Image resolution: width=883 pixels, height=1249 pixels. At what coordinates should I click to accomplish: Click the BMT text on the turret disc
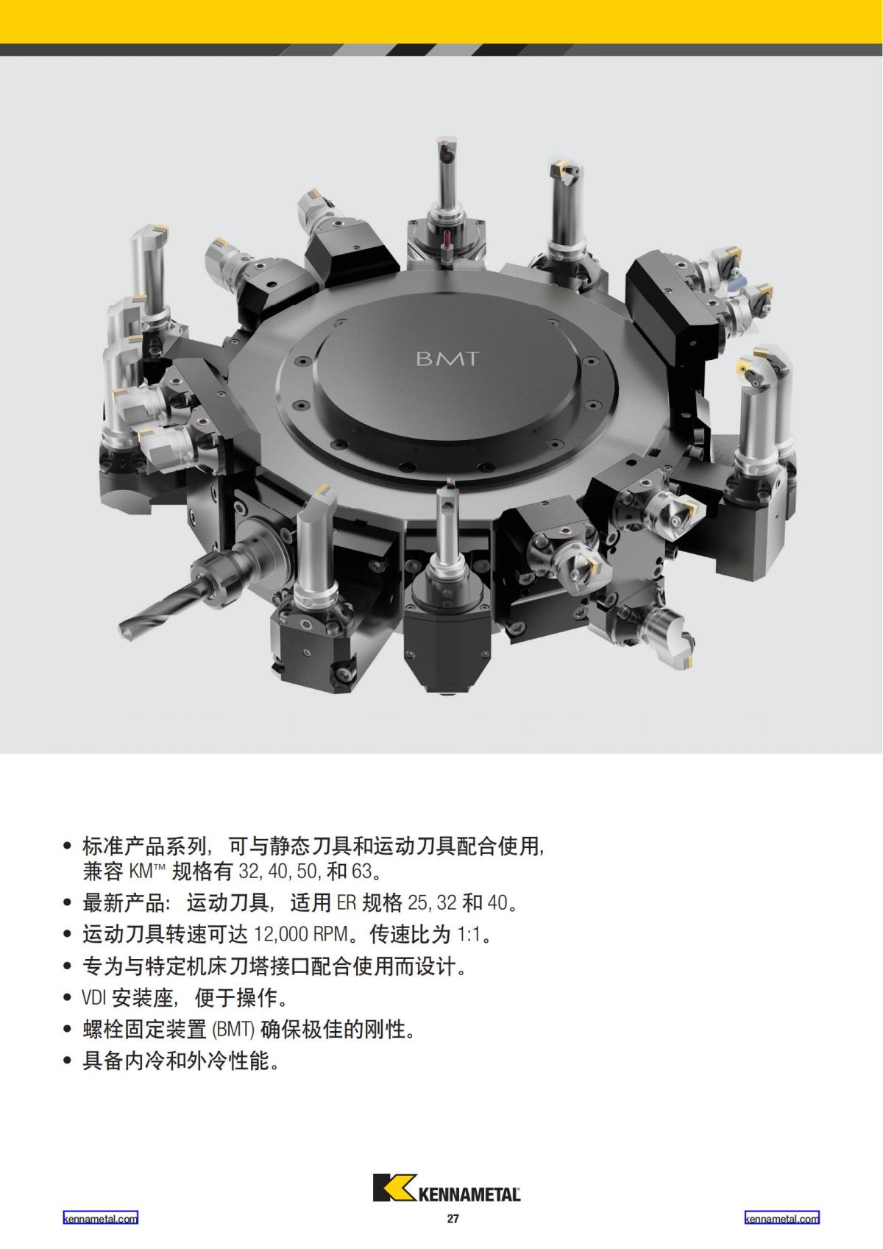coord(447,358)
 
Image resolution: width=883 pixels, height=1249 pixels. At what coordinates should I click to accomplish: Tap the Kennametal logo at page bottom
coord(447,1186)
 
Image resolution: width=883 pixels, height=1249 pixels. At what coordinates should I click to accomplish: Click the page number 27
coord(453,1219)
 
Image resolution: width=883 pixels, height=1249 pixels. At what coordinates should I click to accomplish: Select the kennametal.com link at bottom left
coord(101,1218)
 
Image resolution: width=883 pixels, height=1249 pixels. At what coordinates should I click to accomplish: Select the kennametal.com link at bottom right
coord(781,1218)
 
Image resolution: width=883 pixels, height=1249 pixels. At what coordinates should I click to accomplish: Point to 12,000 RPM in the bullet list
coord(300,934)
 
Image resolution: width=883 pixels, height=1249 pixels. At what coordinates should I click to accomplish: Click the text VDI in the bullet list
coord(94,998)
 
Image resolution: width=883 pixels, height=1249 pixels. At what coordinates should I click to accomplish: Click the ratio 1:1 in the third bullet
coord(468,934)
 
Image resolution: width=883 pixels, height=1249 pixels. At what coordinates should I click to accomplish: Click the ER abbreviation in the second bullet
coord(346,902)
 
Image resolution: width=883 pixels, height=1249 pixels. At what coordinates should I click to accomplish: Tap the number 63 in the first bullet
coord(361,871)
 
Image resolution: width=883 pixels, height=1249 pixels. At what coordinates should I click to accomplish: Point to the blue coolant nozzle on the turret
coord(739,279)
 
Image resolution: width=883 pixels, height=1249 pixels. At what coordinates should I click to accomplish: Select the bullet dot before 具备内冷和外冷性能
coord(68,1061)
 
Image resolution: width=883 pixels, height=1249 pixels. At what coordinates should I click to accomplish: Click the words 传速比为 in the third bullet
coord(410,934)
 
